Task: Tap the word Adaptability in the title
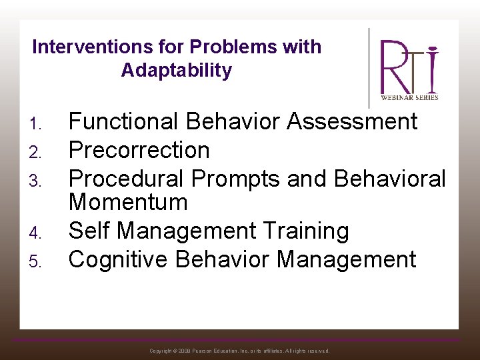tap(177, 71)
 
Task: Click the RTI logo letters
tap(409, 67)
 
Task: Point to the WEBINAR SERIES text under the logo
tap(409, 97)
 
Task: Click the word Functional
tap(124, 122)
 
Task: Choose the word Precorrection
tap(139, 150)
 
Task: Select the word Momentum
tap(128, 202)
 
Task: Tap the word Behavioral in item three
tap(390, 179)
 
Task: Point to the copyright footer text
tap(239, 351)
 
